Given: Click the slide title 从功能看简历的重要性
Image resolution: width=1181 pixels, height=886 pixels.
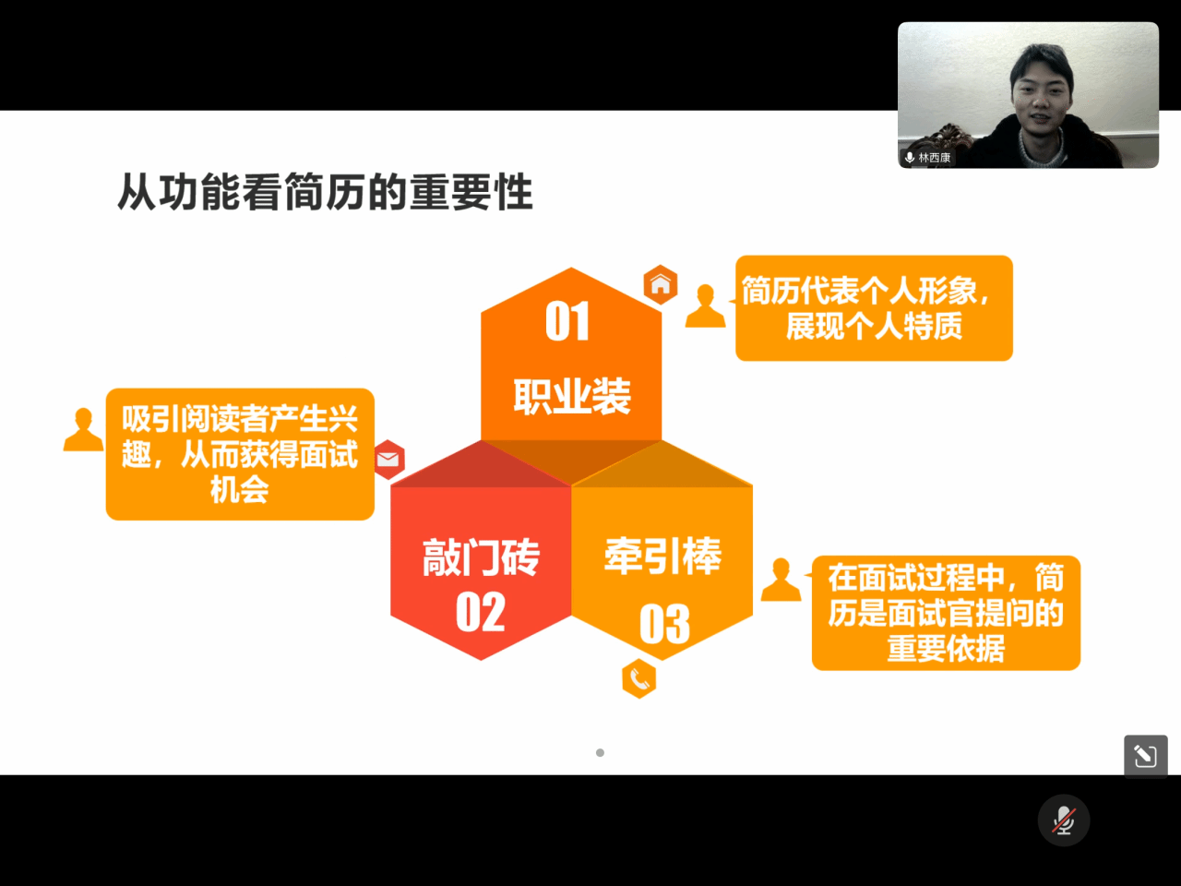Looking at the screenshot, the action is coord(325,192).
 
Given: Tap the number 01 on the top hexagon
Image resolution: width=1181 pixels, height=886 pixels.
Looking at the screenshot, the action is coord(567,322).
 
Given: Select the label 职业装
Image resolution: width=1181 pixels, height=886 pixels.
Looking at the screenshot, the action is coord(572,397).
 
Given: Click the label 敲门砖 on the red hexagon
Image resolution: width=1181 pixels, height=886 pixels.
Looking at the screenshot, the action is coord(481,557).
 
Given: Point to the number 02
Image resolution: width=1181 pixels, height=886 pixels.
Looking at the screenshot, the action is coord(481,612).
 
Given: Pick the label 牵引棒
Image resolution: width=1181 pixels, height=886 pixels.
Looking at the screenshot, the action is coord(662,556).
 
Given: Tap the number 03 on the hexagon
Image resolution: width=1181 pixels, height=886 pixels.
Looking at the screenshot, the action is coord(664,624).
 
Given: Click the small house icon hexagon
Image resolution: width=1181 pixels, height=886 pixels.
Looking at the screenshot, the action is coord(661,284).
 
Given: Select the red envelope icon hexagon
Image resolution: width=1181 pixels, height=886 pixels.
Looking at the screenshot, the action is coord(388,460).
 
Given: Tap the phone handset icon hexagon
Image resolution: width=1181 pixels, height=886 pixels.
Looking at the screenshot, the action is coord(639,679).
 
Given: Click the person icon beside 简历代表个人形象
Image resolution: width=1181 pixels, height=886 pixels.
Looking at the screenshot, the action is coord(706,305).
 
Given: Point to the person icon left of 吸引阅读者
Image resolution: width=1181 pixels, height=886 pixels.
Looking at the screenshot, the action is coord(83,429).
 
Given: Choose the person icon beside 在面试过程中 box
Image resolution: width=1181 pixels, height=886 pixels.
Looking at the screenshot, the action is coord(781,580).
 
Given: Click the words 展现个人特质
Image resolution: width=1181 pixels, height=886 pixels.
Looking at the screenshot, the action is coord(875,326).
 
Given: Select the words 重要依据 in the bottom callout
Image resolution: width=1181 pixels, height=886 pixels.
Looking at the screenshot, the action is coord(946,648).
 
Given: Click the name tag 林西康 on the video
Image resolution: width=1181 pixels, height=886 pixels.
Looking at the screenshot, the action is coord(934,158).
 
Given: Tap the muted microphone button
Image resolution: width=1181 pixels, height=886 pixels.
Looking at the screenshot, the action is coord(1064,820).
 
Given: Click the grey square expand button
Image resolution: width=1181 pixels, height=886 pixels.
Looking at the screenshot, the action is coord(1146,757).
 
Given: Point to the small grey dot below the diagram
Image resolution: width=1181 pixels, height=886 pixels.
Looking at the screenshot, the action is coord(600,752).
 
